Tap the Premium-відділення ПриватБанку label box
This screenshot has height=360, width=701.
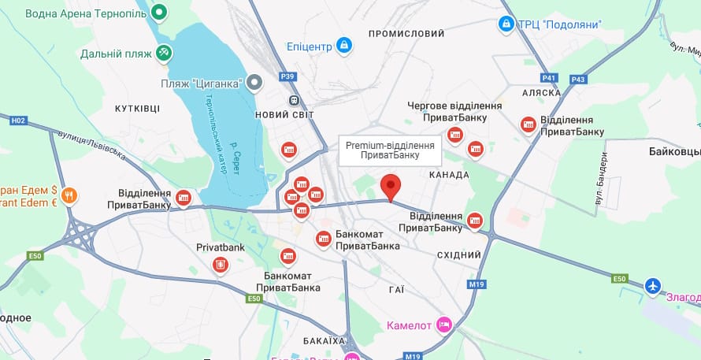391,150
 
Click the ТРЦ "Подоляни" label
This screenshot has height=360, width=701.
559,24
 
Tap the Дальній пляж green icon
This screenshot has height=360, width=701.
164,54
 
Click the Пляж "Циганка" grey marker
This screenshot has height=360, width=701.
254,82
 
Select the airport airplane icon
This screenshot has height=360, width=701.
653,285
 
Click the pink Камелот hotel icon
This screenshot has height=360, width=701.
444,325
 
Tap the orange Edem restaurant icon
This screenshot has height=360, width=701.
69,195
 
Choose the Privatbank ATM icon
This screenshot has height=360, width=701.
221,265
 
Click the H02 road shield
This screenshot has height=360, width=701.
18,120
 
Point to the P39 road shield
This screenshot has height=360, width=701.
288,76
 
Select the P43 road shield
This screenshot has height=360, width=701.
578,79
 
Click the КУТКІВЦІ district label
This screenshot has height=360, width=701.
137,108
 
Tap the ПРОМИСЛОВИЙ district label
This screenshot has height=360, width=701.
406,34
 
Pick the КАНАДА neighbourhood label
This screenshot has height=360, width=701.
449,174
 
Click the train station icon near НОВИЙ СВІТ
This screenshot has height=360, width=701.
294,101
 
